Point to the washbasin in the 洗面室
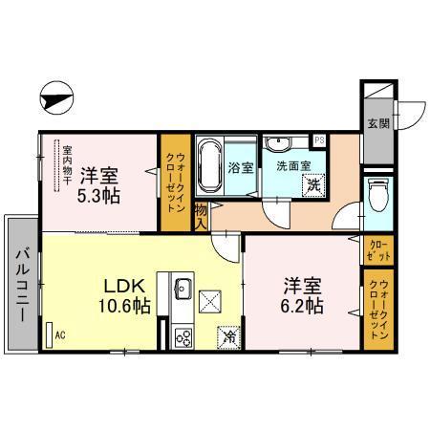coord(278,144)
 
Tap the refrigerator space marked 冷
coord(229,335)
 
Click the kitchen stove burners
coord(183,336)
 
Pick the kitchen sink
coord(183,290)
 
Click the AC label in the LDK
coord(59,335)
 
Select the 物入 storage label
coord(201,216)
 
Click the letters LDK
coord(123,284)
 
